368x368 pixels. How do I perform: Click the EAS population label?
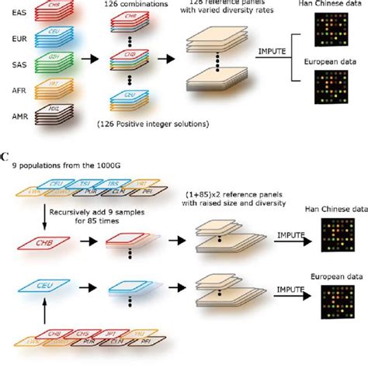tap(15, 12)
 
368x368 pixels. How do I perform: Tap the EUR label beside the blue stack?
tap(15, 37)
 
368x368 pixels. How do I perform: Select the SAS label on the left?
tap(15, 64)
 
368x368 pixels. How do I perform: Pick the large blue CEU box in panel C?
tap(46, 286)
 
